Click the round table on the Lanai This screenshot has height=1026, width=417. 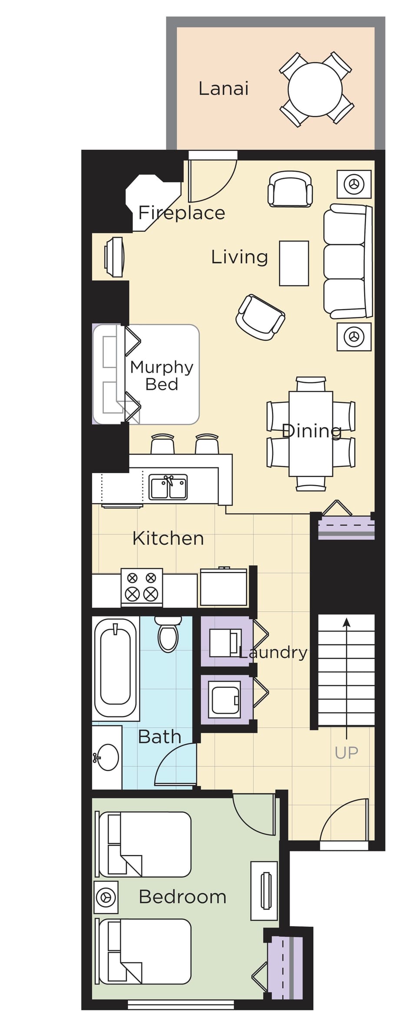315,89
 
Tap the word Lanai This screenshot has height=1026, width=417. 223,89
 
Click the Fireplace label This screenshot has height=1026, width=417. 182,213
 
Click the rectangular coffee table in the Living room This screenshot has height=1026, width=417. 294,263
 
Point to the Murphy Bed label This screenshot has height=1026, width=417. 162,375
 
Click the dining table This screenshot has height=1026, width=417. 311,434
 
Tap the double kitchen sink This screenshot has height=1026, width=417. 169,487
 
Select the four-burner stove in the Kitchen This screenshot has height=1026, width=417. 142,587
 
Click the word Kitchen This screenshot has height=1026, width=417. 168,538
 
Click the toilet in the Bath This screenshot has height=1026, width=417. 168,634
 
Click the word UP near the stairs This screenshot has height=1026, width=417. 347,753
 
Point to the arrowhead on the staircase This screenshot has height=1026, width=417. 347,622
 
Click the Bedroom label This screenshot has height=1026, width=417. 183,897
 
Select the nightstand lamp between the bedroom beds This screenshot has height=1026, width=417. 106,897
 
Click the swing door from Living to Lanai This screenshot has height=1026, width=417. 212,181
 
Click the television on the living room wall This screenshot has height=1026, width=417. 114,257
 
